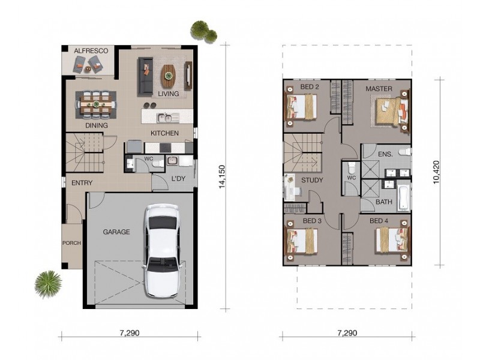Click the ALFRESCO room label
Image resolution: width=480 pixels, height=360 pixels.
click(x=91, y=50)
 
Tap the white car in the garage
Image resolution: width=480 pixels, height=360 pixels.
click(x=162, y=251)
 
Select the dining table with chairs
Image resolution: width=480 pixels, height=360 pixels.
click(x=96, y=104)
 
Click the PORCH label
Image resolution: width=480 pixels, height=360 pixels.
click(x=71, y=243)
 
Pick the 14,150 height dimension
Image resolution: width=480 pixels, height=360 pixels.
click(x=221, y=176)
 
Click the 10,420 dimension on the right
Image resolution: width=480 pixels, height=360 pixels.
click(x=436, y=172)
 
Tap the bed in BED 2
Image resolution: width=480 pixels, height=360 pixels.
click(x=302, y=107)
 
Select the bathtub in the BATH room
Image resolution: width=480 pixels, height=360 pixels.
click(x=403, y=198)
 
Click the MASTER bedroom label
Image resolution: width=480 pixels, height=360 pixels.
click(x=379, y=89)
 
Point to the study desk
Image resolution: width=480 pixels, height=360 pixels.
click(x=290, y=187)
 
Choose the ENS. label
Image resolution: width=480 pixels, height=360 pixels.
click(x=385, y=154)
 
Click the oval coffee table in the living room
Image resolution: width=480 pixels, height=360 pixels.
click(x=169, y=74)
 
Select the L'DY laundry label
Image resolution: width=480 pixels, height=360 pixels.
click(x=178, y=178)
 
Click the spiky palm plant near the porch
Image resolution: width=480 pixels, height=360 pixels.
click(x=48, y=284)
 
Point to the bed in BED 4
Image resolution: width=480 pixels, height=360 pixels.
click(x=392, y=241)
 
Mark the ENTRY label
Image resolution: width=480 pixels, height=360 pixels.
click(x=82, y=183)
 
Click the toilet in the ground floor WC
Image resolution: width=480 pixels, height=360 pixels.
click(x=158, y=164)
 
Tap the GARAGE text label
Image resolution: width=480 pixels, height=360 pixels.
click(x=116, y=232)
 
